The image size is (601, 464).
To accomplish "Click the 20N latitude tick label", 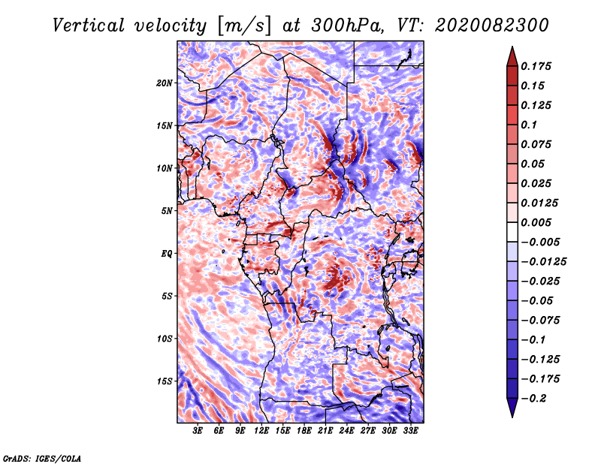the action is coord(165,83).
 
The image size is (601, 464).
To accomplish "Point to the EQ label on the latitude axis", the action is coord(167,254).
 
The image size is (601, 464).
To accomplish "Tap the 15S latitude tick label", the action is coord(165,381).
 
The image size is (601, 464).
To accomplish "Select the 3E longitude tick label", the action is coord(198,431).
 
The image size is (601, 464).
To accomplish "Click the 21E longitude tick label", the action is coord(325,431).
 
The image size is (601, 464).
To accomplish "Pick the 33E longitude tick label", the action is coord(410,431).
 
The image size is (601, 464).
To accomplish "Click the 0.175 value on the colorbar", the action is coord(536,66).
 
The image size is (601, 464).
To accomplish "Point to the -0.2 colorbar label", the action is coord(533,399).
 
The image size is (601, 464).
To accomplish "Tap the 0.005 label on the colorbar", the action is coord(536,222).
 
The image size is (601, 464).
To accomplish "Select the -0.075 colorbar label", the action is coord(540,321).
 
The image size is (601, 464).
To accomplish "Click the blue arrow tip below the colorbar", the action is coord(512,417).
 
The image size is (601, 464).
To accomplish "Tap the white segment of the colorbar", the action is coord(512,232).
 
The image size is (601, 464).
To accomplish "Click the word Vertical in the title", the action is coord(89,26).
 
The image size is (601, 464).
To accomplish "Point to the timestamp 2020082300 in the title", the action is coord(492,26).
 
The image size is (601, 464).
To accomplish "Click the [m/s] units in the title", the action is coord(244,26).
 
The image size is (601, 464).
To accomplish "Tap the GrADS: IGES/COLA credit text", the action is coord(42,458).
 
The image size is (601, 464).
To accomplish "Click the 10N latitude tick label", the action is coord(165,168).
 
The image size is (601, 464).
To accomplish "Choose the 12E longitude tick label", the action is coord(261,431).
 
